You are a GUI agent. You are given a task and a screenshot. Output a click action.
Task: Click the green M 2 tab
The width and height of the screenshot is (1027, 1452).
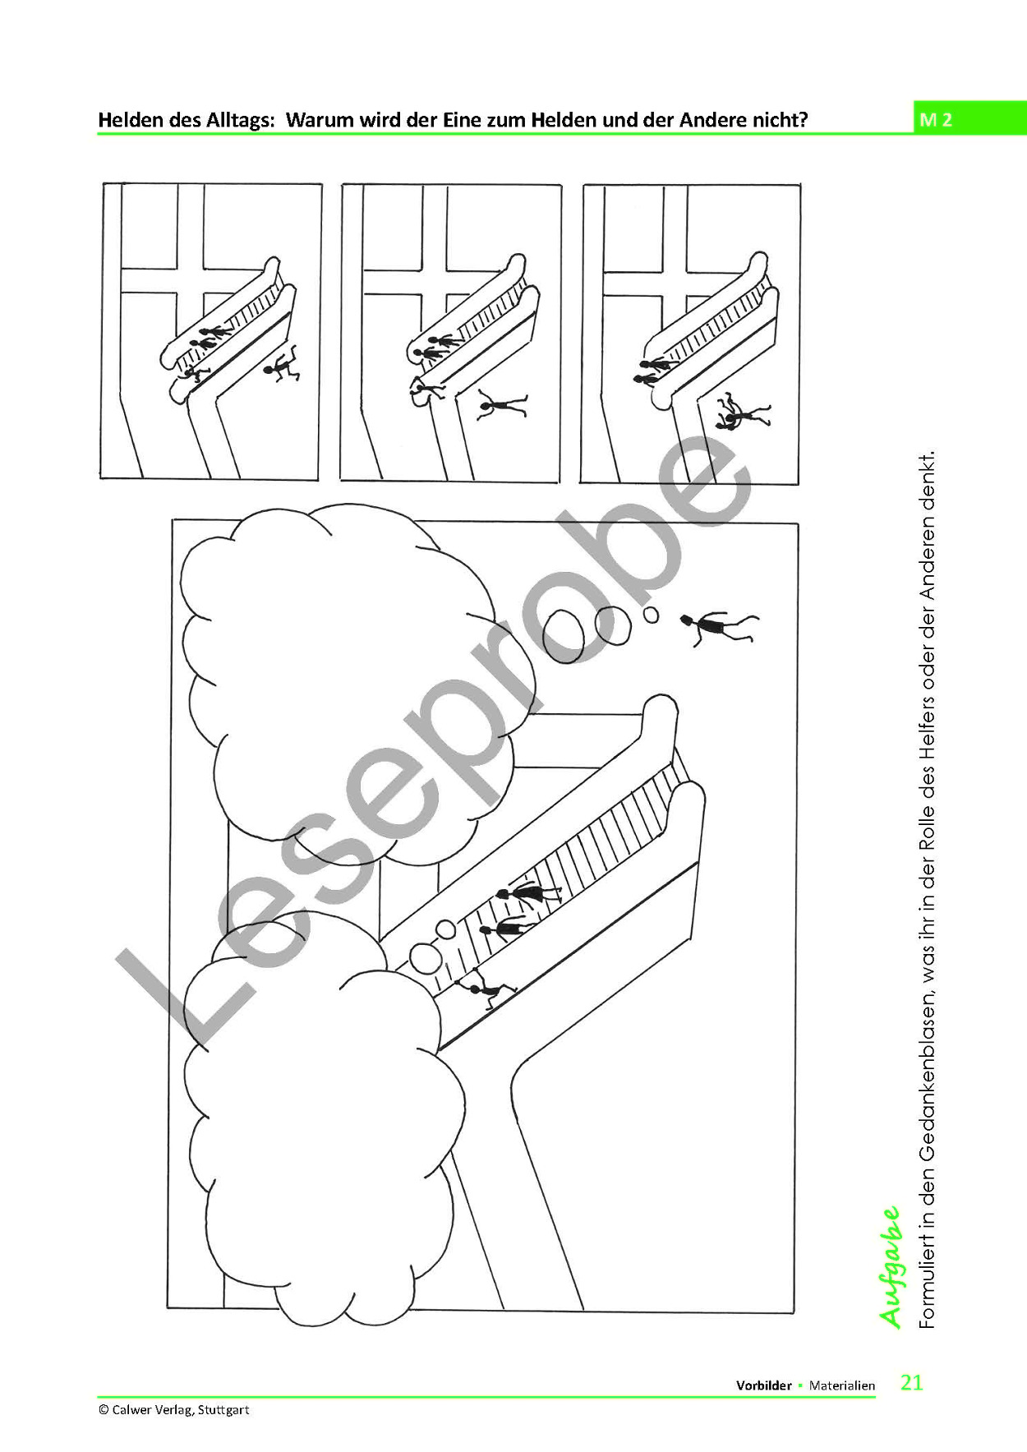coord(969,119)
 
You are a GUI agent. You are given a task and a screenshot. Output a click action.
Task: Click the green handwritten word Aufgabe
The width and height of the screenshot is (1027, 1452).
coord(890,1266)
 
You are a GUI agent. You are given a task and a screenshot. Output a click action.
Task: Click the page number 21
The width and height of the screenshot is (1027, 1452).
coord(912,1382)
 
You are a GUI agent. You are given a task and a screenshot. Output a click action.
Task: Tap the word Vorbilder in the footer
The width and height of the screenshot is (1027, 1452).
coord(764,1385)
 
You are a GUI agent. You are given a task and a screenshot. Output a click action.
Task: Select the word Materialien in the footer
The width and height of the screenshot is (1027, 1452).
coord(842,1385)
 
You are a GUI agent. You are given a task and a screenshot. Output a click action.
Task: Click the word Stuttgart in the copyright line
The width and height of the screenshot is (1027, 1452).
coord(223,1410)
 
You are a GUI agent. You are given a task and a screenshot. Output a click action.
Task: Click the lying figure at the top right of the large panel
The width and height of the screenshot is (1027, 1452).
coord(720,628)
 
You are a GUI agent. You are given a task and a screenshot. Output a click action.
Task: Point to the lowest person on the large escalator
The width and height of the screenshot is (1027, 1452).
coord(486,988)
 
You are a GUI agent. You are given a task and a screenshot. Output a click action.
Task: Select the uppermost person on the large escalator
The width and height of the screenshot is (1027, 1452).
coord(528,894)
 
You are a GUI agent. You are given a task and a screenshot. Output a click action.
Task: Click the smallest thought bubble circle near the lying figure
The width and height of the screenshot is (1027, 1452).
coord(651,614)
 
